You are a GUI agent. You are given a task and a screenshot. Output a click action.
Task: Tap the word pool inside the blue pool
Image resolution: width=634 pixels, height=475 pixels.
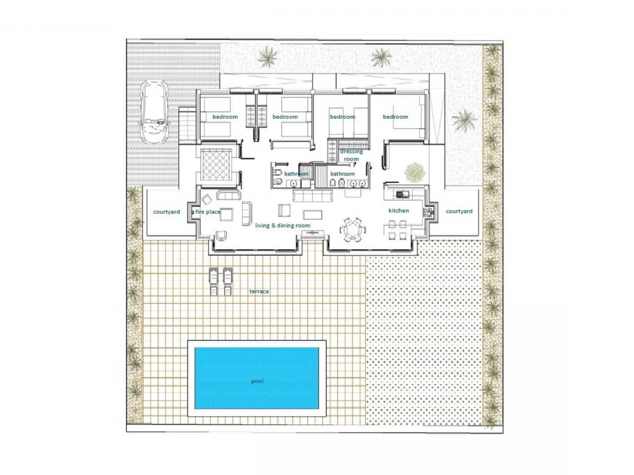point(257,381)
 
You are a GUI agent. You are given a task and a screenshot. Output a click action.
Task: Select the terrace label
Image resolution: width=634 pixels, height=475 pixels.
point(259,291)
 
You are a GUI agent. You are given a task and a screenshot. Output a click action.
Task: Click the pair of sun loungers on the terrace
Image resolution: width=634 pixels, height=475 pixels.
point(220,282)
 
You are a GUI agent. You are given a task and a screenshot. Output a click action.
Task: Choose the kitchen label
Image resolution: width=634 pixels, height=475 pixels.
point(399,211)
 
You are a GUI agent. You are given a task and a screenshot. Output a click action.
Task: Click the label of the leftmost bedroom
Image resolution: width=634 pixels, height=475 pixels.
point(225,117)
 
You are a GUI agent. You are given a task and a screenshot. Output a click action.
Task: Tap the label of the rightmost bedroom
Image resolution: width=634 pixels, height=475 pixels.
point(395,117)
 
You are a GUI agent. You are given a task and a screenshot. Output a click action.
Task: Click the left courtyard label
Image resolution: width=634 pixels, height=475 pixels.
point(166,212)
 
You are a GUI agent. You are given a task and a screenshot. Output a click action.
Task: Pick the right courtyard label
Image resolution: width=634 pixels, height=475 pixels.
point(459,211)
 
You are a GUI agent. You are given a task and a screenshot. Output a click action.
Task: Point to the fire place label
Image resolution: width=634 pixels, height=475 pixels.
point(208,212)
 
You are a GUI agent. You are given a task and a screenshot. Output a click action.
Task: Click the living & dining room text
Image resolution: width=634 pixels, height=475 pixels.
point(282,226)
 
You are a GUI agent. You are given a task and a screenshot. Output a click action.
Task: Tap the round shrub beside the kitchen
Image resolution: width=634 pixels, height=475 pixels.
point(415,172)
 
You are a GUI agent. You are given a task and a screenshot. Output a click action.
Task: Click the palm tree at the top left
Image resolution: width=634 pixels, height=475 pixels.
point(268,56)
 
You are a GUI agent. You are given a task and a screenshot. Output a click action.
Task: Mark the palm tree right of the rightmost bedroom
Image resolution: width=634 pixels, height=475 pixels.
point(464,120)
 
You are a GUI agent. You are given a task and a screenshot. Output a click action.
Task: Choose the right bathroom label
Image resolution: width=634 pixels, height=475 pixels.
point(342,174)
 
